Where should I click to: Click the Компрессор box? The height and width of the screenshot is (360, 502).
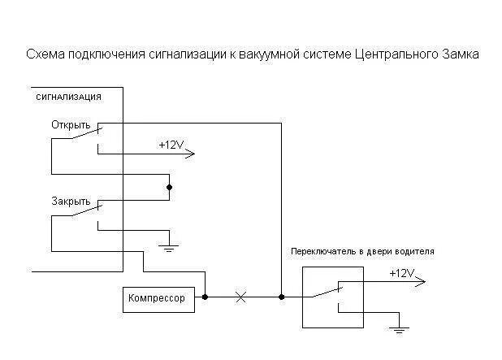click(156, 298)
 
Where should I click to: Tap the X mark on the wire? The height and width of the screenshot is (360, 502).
click(240, 297)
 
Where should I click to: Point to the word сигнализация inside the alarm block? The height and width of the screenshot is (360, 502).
click(69, 97)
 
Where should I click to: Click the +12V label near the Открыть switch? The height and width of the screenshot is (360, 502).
click(171, 144)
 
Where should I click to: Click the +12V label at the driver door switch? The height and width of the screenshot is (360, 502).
click(400, 273)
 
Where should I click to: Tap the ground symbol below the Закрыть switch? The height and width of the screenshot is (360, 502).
click(169, 243)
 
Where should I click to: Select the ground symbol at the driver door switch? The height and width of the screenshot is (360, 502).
click(398, 331)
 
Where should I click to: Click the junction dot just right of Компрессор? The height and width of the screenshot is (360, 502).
click(205, 297)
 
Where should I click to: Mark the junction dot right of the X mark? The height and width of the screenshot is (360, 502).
click(281, 297)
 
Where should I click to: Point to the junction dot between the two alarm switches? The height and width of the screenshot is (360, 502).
click(170, 187)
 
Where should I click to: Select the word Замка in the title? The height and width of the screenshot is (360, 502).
click(460, 54)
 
